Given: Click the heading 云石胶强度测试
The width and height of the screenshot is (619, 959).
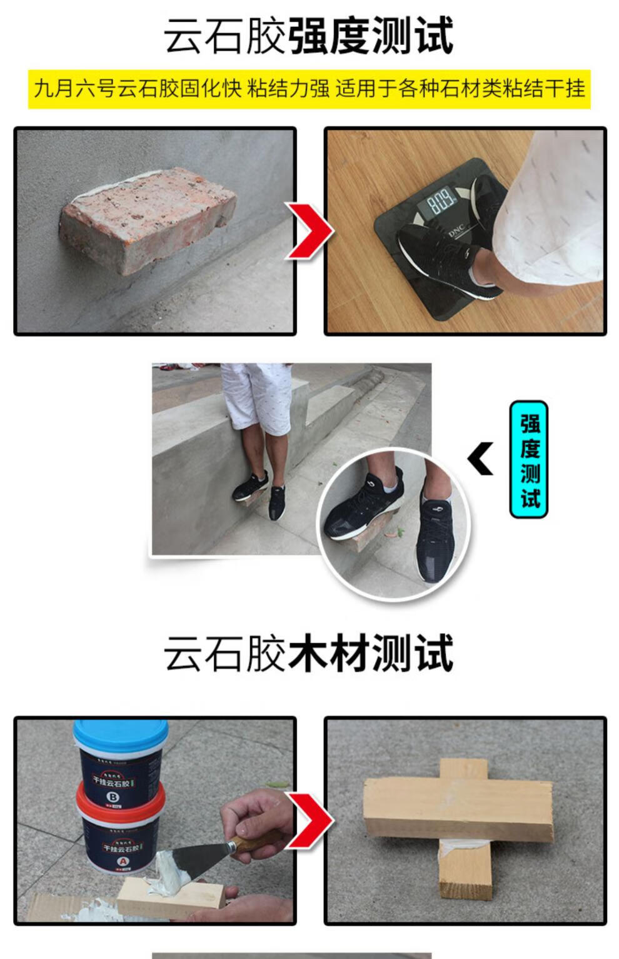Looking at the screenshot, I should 308,36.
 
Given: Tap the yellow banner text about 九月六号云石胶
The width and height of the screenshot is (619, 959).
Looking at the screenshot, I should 309,89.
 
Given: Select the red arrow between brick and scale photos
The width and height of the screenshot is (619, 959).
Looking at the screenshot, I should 309,231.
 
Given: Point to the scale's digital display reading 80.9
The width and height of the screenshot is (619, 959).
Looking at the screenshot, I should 441,202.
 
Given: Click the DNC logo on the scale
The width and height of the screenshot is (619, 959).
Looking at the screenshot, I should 457,231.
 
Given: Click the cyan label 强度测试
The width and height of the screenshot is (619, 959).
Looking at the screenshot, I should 529,460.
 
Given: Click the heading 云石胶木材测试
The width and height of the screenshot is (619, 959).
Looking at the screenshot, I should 308,654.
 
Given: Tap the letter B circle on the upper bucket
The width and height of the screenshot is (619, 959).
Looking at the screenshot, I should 113,796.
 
